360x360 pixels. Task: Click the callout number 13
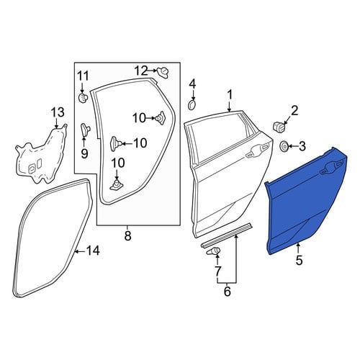point(58,112)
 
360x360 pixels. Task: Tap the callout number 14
point(93,251)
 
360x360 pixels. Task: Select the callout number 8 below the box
point(128,235)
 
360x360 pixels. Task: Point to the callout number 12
point(140,71)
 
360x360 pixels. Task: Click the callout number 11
point(83,76)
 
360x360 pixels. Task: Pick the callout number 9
point(84,153)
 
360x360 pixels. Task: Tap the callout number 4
point(192,84)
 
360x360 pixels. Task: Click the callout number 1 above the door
point(230,94)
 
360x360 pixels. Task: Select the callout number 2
point(294,110)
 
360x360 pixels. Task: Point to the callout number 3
point(302,146)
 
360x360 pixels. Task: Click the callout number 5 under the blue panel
point(299,260)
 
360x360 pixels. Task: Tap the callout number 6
point(227,292)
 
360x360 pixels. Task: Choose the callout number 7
point(217,271)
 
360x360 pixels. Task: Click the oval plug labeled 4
point(192,105)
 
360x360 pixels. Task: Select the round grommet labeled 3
point(284,146)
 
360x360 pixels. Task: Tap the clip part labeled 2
point(280,127)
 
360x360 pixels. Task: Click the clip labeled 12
point(163,72)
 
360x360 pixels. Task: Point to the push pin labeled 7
point(213,252)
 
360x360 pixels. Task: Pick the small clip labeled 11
point(83,98)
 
